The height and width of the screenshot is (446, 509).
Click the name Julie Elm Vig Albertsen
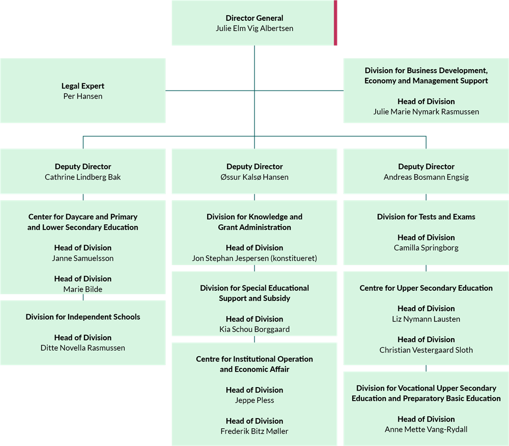pyautogui.click(x=254, y=28)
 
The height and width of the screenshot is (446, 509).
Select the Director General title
pyautogui.click(x=254, y=18)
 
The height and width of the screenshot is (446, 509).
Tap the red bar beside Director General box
pyautogui.click(x=335, y=23)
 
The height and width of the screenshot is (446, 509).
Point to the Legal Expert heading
pyautogui.click(x=83, y=86)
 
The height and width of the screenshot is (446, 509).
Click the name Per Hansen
pyautogui.click(x=83, y=96)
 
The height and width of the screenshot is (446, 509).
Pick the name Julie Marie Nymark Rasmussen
pyautogui.click(x=426, y=111)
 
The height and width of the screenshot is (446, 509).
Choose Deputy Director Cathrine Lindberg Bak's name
pyautogui.click(x=83, y=177)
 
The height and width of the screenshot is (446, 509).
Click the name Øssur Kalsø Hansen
pyautogui.click(x=254, y=177)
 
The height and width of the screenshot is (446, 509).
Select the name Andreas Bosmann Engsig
pyautogui.click(x=426, y=177)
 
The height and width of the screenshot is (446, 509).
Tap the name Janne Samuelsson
pyautogui.click(x=83, y=258)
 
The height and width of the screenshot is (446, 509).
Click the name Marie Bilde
pyautogui.click(x=83, y=289)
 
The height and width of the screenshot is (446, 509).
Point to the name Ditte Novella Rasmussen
pyautogui.click(x=83, y=348)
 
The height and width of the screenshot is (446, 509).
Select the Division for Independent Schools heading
pyautogui.click(x=83, y=317)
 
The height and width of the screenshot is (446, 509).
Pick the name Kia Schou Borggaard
pyautogui.click(x=254, y=329)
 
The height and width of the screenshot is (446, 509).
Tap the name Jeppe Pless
pyautogui.click(x=254, y=400)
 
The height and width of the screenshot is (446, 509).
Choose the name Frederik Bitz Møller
pyautogui.click(x=254, y=431)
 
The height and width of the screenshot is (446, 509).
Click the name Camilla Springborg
pyautogui.click(x=426, y=248)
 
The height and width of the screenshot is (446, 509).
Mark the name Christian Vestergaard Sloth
pyautogui.click(x=426, y=350)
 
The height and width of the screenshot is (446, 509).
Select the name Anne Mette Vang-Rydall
pyautogui.click(x=426, y=429)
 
